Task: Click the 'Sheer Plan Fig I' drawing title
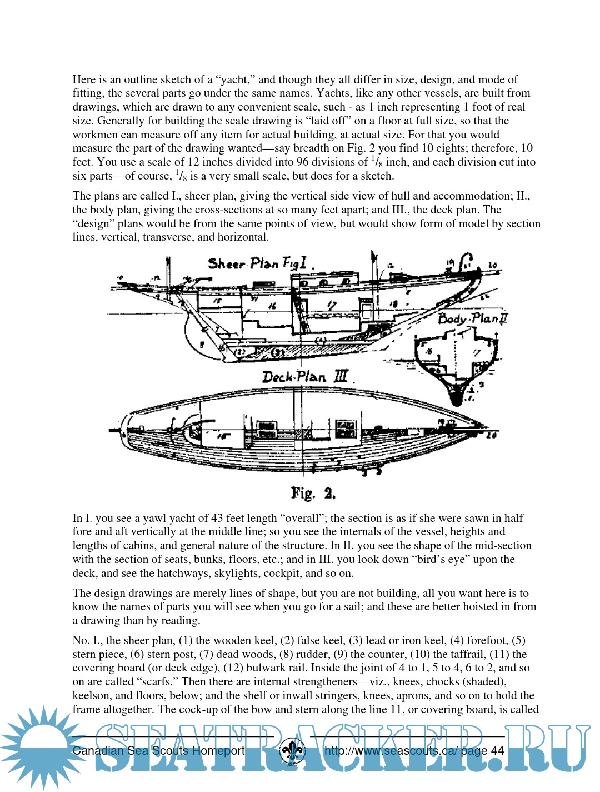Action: coord(257,263)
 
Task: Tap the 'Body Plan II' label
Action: coord(472,318)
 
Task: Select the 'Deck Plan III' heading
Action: coord(305,377)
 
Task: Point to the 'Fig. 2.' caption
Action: coord(313,493)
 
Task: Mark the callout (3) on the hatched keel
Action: coord(277,352)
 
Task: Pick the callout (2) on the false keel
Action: coord(240,351)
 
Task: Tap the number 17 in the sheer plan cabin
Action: coord(332,305)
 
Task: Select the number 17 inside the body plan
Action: coord(476,352)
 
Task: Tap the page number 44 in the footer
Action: coord(498,751)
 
